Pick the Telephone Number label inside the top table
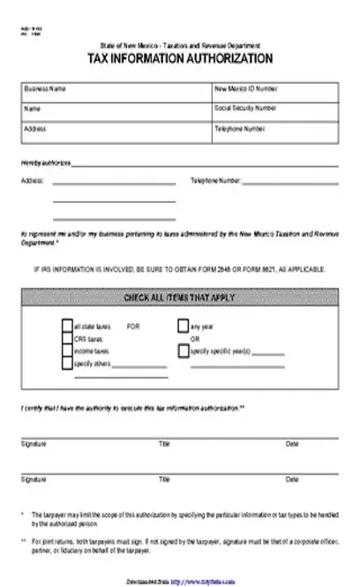238,128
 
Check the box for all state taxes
68,325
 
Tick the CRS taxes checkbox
68,337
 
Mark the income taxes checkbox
68,350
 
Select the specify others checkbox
68,362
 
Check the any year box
184,325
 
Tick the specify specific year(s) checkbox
184,350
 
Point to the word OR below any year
196,338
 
